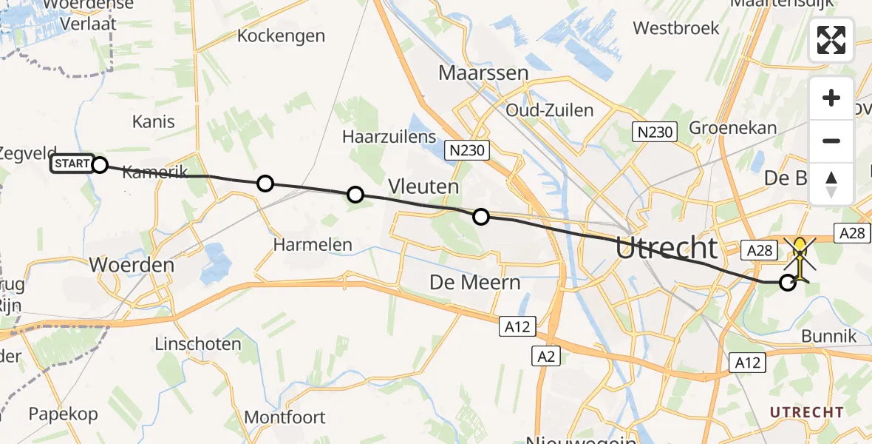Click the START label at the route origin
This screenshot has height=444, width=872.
[x=72, y=164]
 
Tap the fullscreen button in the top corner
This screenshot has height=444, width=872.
[x=831, y=40]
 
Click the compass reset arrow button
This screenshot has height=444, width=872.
[x=831, y=184]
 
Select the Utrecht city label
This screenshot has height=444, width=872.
[x=666, y=249]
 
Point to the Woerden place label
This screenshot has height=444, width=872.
[x=132, y=265]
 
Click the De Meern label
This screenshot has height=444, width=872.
[x=475, y=282]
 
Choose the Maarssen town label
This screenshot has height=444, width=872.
[x=483, y=73]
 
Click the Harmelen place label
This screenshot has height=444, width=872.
[x=312, y=244]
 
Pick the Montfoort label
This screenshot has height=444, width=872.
[x=285, y=417]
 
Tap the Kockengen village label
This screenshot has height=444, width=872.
[x=281, y=36]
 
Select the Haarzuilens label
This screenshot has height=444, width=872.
[x=389, y=137]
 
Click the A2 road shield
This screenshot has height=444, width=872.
[x=546, y=357]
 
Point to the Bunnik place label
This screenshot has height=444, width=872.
[x=829, y=336]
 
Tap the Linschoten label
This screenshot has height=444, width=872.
[x=198, y=344]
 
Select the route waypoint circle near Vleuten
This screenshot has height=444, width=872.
[x=481, y=217]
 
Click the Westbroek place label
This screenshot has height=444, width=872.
[x=676, y=28]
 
